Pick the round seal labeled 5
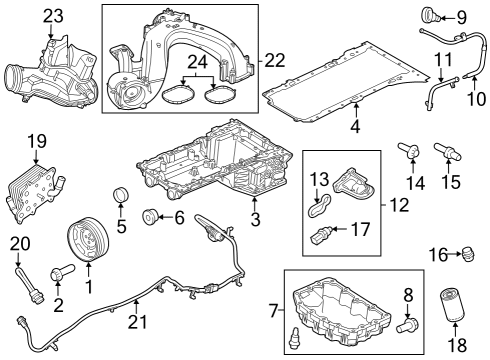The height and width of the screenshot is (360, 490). coord(119,194)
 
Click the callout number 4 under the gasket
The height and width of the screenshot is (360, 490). coord(355,127)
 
